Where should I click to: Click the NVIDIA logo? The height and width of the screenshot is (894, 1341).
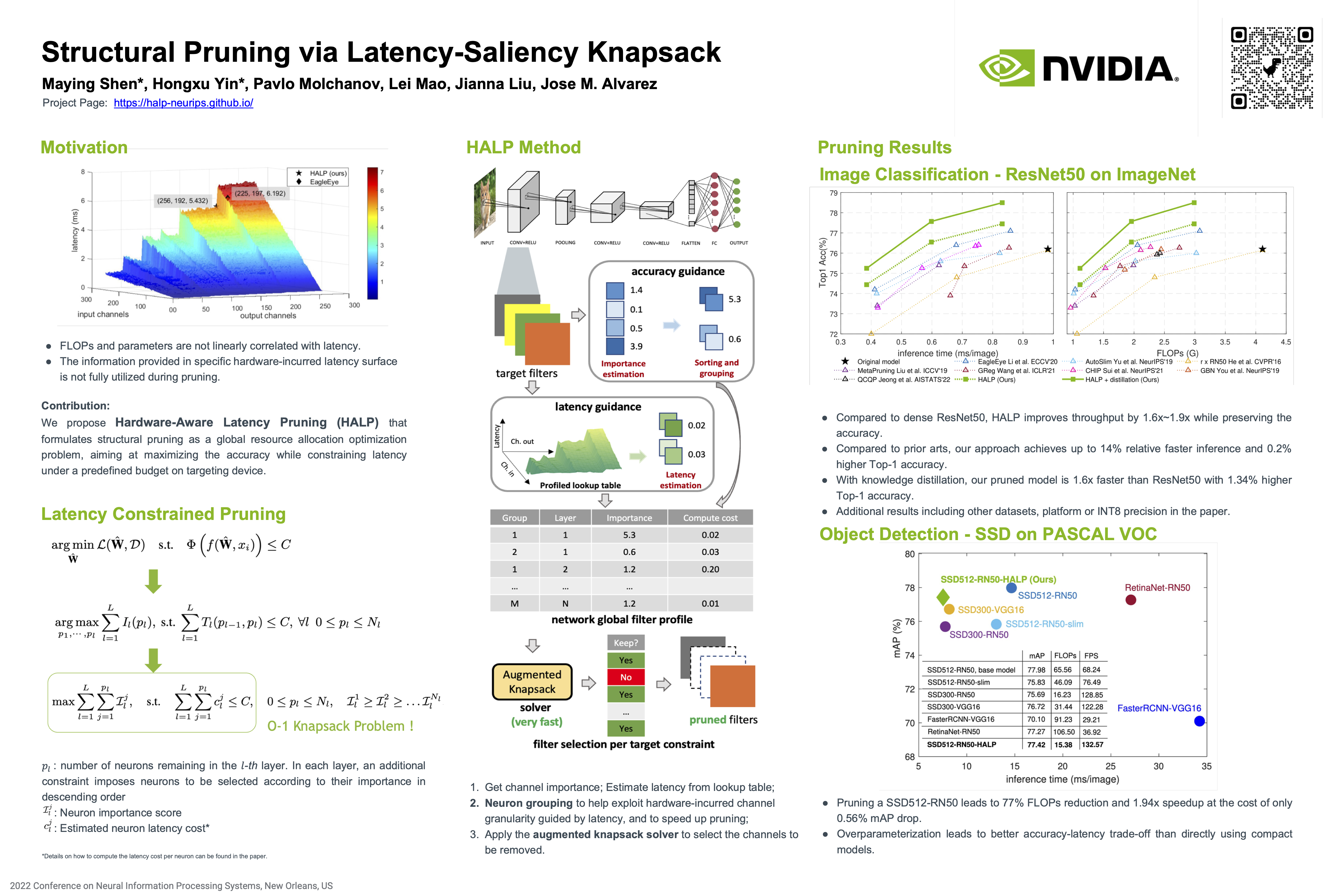pyautogui.click(x=1077, y=68)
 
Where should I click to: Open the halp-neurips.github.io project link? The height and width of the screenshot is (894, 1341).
pyautogui.click(x=183, y=103)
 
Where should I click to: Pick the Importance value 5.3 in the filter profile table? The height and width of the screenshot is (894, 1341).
pyautogui.click(x=629, y=535)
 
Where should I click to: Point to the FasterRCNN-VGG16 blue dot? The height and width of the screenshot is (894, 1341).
pyautogui.click(x=1199, y=721)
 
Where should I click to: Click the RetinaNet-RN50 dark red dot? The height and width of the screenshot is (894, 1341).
pyautogui.click(x=1131, y=600)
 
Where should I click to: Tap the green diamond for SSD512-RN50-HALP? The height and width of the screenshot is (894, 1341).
pyautogui.click(x=943, y=597)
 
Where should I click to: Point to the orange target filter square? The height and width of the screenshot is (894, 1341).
pyautogui.click(x=547, y=343)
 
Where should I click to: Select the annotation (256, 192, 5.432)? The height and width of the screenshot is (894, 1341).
pyautogui.click(x=183, y=201)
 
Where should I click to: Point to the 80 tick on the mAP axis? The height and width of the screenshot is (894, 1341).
pyautogui.click(x=910, y=554)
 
